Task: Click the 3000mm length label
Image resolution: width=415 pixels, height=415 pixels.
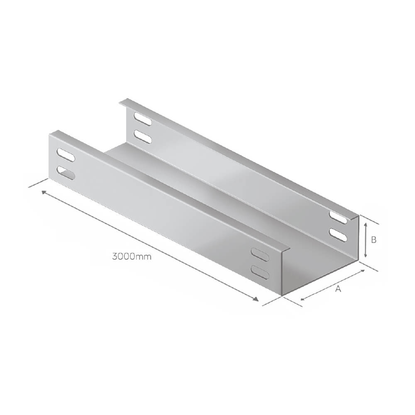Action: [x=132, y=256]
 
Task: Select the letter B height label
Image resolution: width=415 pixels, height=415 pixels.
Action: [x=373, y=240]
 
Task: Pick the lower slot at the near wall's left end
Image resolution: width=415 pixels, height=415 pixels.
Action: [x=66, y=173]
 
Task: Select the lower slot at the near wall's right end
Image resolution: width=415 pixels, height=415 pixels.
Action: [x=260, y=272]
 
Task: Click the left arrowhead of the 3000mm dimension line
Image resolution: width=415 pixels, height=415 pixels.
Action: [x=43, y=192]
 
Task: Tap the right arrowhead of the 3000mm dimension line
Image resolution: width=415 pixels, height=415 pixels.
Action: [x=256, y=300]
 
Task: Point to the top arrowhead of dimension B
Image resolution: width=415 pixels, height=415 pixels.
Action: [x=365, y=224]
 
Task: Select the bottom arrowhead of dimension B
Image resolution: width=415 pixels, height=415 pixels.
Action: [x=365, y=256]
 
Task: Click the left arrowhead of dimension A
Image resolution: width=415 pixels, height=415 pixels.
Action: [x=302, y=299]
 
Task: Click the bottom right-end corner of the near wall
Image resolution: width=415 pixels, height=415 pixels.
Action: [x=282, y=295]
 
